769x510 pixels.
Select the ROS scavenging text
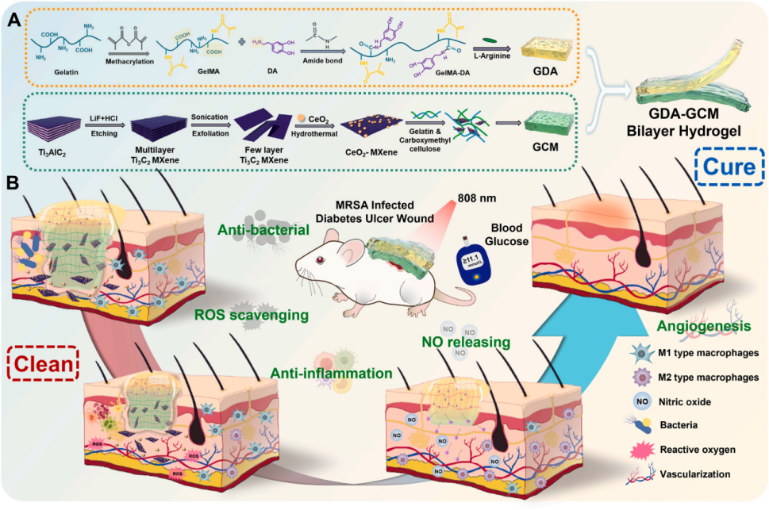click(x=241, y=316)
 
